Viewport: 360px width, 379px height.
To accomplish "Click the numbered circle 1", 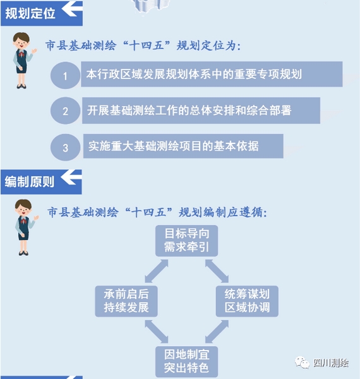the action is (65, 75).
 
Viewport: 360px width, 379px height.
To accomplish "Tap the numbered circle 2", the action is (65, 111).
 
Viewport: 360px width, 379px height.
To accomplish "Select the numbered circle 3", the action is (65, 147).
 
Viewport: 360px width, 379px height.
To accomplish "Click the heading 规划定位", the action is (30, 13).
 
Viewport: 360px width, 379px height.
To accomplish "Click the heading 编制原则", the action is (30, 182).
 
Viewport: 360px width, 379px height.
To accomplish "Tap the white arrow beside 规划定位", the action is (72, 9).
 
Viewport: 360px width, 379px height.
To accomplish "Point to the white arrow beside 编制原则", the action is (71, 177).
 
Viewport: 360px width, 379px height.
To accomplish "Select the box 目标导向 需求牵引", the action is (186, 241).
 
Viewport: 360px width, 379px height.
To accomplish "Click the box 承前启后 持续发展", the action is (126, 301).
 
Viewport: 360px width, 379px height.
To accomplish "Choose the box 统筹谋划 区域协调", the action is (247, 301).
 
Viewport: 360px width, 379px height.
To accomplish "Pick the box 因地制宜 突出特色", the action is (186, 361).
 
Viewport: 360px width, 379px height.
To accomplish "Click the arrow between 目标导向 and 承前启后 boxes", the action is (157, 271).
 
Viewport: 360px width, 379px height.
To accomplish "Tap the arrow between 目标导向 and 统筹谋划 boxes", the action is (217, 271).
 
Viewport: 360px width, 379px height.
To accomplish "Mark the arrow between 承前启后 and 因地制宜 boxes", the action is (157, 332).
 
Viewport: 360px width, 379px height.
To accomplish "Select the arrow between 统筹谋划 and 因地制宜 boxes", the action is (217, 332).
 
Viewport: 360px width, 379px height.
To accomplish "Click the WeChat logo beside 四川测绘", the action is (302, 363).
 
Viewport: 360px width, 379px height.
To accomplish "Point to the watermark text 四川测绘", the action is (331, 363).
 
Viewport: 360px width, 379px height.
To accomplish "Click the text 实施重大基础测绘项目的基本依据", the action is (174, 147).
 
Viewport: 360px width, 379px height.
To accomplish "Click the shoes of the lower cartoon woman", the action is (23, 253).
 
